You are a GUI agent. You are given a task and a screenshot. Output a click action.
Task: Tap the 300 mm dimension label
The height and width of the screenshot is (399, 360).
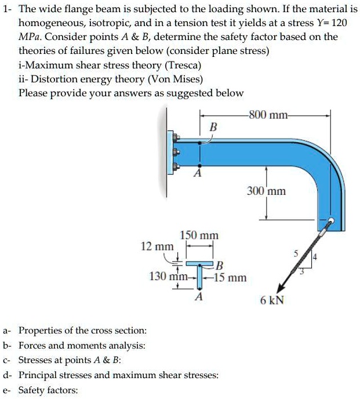(x=266, y=190)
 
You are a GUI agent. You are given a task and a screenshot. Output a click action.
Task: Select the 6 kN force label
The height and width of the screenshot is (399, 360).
(x=272, y=300)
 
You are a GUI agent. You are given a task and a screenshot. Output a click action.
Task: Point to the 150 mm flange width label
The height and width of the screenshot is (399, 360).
(x=199, y=235)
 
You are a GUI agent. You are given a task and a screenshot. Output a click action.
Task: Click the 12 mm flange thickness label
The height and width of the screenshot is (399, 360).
(x=157, y=246)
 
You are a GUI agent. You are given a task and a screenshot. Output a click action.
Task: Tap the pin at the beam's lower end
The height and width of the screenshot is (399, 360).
(x=331, y=222)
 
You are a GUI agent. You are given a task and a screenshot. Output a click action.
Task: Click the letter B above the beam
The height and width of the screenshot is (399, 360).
(x=213, y=126)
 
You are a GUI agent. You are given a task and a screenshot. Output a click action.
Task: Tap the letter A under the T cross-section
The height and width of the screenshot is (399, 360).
(x=199, y=296)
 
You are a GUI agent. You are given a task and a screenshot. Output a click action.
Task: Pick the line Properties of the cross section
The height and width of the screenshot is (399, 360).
(x=82, y=331)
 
